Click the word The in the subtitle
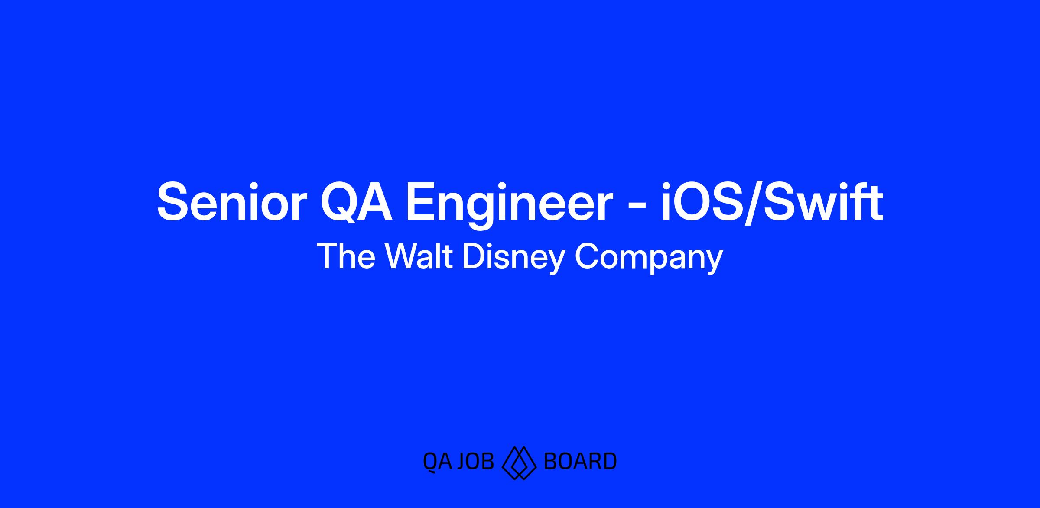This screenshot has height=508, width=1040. (346, 256)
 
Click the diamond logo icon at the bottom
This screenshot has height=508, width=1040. (519, 463)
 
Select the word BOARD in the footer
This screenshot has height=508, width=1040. (580, 462)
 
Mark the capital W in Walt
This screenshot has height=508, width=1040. (403, 256)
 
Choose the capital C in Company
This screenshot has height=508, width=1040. (586, 256)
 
